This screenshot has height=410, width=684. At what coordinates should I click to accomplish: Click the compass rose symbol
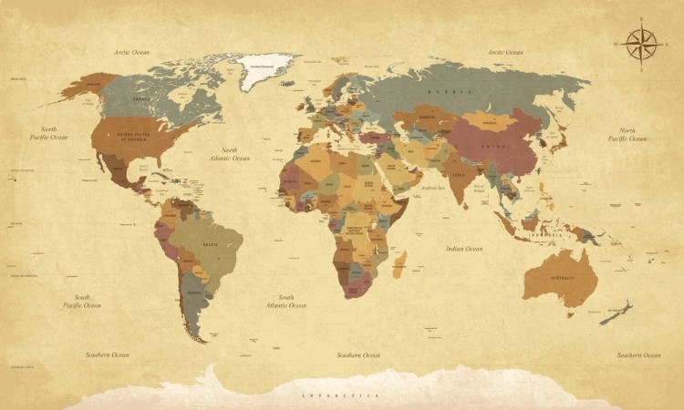(x=642, y=43)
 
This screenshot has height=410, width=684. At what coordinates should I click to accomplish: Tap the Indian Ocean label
(x=464, y=249)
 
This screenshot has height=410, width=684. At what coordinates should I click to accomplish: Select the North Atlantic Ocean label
(x=229, y=154)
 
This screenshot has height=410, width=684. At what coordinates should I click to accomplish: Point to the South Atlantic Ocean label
(x=286, y=301)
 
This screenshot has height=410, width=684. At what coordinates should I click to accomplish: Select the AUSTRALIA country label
(x=561, y=277)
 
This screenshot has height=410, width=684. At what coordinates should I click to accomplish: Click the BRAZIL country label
(x=209, y=245)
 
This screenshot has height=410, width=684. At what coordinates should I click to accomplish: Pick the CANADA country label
(x=141, y=98)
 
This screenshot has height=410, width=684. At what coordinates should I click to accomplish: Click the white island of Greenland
(x=266, y=68)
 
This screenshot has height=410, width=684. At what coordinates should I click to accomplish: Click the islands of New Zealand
(x=617, y=313)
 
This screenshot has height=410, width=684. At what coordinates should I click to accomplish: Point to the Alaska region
(x=88, y=87)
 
